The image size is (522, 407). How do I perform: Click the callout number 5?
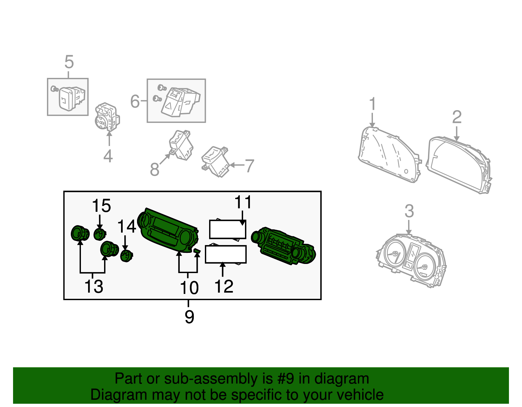pos(69,62)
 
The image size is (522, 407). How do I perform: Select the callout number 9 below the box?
pos(189,316)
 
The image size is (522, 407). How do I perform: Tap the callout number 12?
pos(224,287)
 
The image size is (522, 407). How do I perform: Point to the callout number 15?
pos(101,206)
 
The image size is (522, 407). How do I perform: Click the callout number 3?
pos(409,211)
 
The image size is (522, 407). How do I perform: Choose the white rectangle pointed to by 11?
pos(227,229)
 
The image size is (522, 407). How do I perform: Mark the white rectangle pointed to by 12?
pos(225,254)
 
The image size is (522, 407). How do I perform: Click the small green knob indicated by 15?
pos(100,234)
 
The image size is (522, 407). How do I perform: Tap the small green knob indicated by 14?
pos(126,255)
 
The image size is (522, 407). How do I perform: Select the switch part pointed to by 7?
pos(215,162)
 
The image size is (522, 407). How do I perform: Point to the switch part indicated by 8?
pos(181,145)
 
